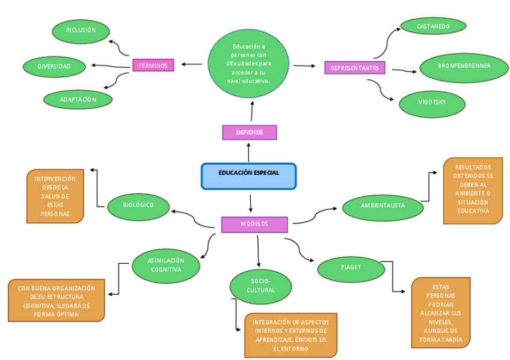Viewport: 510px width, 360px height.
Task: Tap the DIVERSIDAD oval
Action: [x=54, y=67]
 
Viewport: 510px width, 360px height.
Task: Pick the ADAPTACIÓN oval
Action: [x=78, y=99]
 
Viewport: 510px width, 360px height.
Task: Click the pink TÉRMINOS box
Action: [x=153, y=66]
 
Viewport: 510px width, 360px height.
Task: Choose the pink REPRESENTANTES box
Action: [x=354, y=68]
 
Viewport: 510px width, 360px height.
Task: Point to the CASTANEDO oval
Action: [x=433, y=26]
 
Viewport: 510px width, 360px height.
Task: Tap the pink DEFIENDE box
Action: [x=249, y=132]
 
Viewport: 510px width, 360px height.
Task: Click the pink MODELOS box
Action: [x=254, y=224]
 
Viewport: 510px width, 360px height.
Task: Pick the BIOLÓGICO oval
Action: [x=138, y=206]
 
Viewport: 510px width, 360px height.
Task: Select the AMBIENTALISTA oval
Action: [x=382, y=207]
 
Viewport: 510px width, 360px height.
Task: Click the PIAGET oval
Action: [x=351, y=269]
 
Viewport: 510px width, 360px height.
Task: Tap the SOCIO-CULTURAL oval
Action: [x=260, y=287]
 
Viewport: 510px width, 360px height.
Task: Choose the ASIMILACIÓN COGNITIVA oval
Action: [x=166, y=266]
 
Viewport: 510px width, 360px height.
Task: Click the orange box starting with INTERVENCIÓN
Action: [x=55, y=196]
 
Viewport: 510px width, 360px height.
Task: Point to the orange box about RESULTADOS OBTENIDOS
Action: [x=473, y=189]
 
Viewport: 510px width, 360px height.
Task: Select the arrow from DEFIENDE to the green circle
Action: [x=251, y=112]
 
